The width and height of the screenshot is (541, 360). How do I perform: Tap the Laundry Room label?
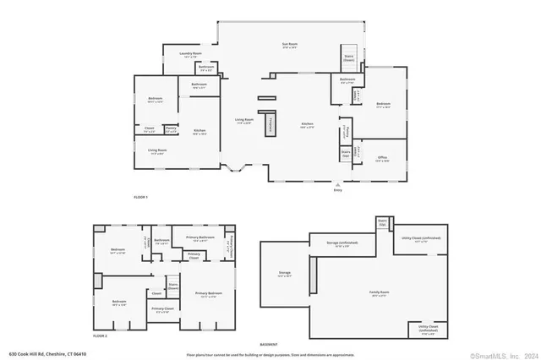190,55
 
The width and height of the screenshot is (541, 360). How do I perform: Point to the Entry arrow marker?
338,186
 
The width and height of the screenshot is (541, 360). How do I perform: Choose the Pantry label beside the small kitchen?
171,129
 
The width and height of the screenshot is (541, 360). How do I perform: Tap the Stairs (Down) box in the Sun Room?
348,57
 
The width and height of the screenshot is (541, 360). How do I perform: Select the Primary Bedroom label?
207,295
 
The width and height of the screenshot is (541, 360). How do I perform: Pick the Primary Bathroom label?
200,239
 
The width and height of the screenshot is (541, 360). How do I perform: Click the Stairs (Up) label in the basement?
382,222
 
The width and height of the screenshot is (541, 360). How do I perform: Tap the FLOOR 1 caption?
140,197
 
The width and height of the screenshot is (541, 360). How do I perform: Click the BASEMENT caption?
269,344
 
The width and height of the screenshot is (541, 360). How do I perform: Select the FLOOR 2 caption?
101,335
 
